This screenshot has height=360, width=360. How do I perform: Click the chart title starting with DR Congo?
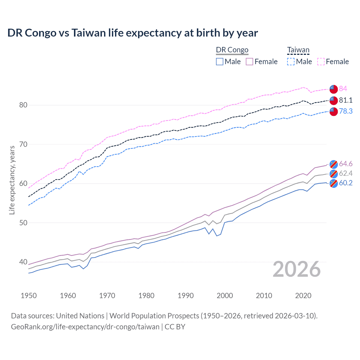132,33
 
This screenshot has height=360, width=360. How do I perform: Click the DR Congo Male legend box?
220,62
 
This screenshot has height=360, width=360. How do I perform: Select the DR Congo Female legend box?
249,62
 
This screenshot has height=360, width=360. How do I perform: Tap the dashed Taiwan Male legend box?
291,62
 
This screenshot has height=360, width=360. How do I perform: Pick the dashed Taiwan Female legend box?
321,62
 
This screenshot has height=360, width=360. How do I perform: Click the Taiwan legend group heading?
298,50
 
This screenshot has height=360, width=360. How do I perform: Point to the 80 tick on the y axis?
23,105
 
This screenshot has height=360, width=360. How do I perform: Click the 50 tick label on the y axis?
23,223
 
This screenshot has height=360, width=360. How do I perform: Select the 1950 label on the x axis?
29,296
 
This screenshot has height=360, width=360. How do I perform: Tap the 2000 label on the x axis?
225,296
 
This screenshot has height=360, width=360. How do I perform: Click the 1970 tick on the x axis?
107,296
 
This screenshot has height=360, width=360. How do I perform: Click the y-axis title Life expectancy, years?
12,180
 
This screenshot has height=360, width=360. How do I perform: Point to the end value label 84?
343,89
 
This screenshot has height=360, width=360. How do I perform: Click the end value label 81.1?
345,100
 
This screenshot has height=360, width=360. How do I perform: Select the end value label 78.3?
345,111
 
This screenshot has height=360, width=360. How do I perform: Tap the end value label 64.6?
345,164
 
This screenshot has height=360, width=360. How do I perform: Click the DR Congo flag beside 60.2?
334,183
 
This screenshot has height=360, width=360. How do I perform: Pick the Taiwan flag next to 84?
334,89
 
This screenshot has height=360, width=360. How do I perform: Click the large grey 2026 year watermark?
297,269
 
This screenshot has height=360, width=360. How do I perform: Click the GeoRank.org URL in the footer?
85,327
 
